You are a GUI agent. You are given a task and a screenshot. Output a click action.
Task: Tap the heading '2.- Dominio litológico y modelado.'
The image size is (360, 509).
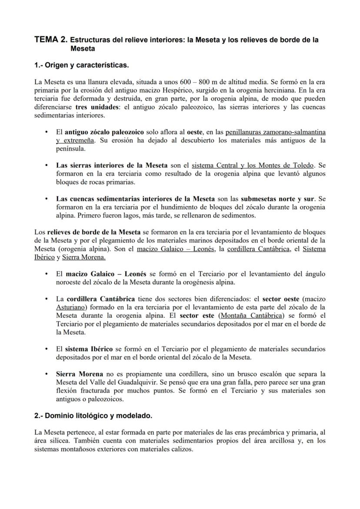pos(93,416)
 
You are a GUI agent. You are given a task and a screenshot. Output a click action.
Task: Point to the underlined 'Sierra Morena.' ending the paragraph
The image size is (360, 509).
pos(83,257)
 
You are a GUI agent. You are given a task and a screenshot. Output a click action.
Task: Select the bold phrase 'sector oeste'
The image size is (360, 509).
pos(281,299)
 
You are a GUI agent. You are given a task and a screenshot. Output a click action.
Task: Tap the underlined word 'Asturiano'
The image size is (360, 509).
pos(71,307)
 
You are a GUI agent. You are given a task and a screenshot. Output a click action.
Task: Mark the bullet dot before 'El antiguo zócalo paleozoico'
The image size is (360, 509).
pos(47,132)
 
